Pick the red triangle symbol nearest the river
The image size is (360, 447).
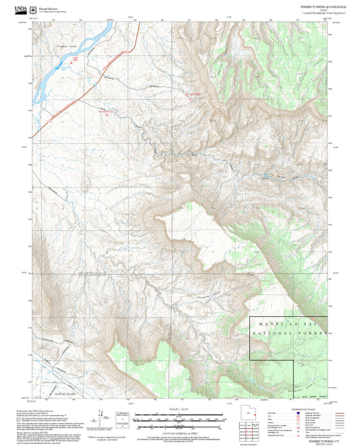point(75,60)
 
